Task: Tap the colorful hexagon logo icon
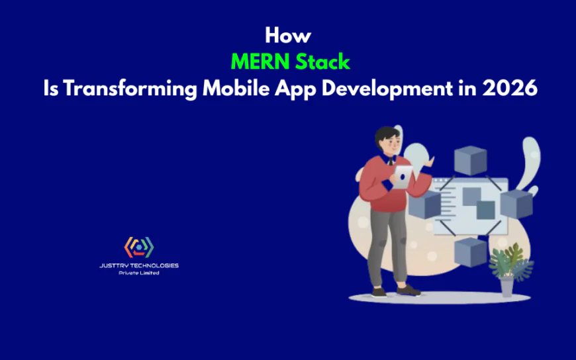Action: click(x=139, y=247)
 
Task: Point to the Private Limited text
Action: click(x=139, y=273)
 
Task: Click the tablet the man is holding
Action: click(x=403, y=176)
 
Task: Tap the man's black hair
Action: click(x=385, y=136)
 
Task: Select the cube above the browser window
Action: click(x=470, y=160)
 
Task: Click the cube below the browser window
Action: click(x=471, y=252)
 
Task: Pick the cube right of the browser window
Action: click(x=516, y=204)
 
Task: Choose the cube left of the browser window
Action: click(x=424, y=204)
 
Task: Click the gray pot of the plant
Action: click(x=506, y=286)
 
